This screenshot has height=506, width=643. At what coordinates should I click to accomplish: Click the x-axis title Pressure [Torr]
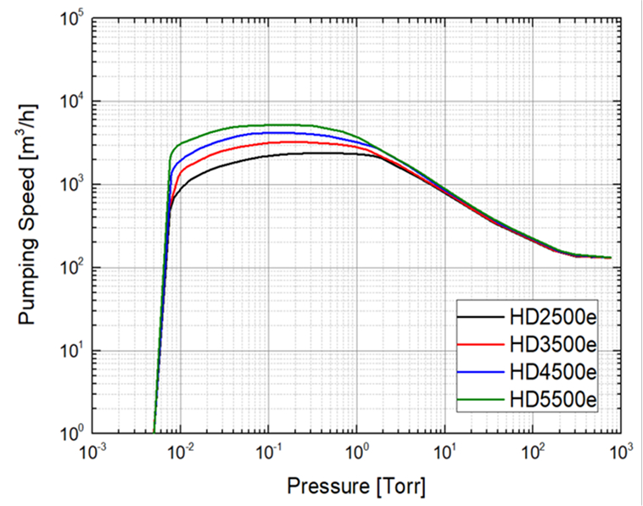(355, 487)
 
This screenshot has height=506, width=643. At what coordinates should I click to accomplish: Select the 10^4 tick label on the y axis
(67, 102)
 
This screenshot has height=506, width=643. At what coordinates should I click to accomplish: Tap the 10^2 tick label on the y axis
(67, 268)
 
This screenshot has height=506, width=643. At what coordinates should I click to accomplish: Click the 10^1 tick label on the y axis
(67, 351)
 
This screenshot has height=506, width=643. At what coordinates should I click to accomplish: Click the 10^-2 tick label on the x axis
(180, 453)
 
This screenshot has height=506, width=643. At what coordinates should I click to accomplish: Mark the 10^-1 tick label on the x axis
(268, 453)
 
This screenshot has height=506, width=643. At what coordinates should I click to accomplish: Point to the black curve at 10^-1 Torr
(268, 155)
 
